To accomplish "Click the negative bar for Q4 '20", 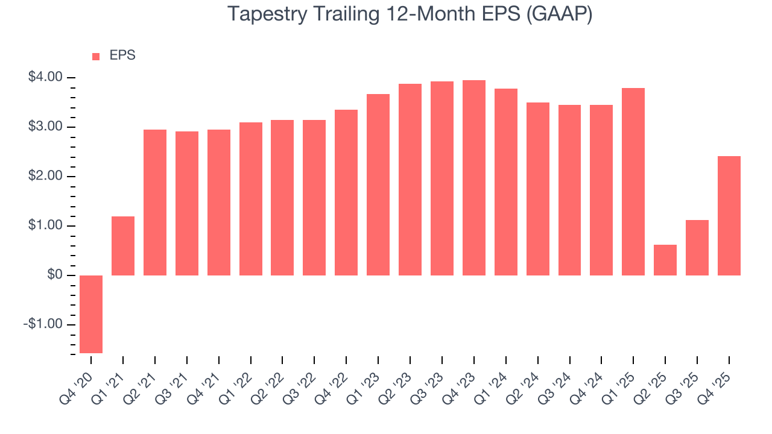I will click(x=91, y=314).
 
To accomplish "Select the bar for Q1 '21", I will click(x=123, y=246).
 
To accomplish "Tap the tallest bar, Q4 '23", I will click(x=474, y=178).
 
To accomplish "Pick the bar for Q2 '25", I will click(x=665, y=260).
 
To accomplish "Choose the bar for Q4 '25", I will click(x=729, y=216).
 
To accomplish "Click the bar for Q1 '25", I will click(x=633, y=181).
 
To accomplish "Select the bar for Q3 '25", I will click(x=697, y=248).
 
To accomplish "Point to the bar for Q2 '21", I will click(x=155, y=203).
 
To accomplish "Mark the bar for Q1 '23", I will click(x=378, y=184).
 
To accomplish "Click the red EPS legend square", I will click(x=96, y=57).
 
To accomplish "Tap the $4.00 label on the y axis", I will click(x=45, y=77).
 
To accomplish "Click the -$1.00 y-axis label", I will click(x=43, y=325).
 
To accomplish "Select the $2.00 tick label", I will click(x=45, y=176).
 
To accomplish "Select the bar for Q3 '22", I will click(x=314, y=198).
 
